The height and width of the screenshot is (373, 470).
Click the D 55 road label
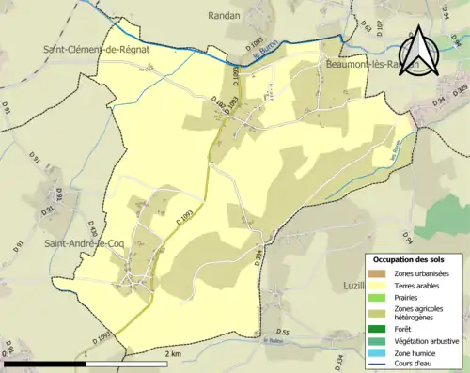(282, 333)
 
